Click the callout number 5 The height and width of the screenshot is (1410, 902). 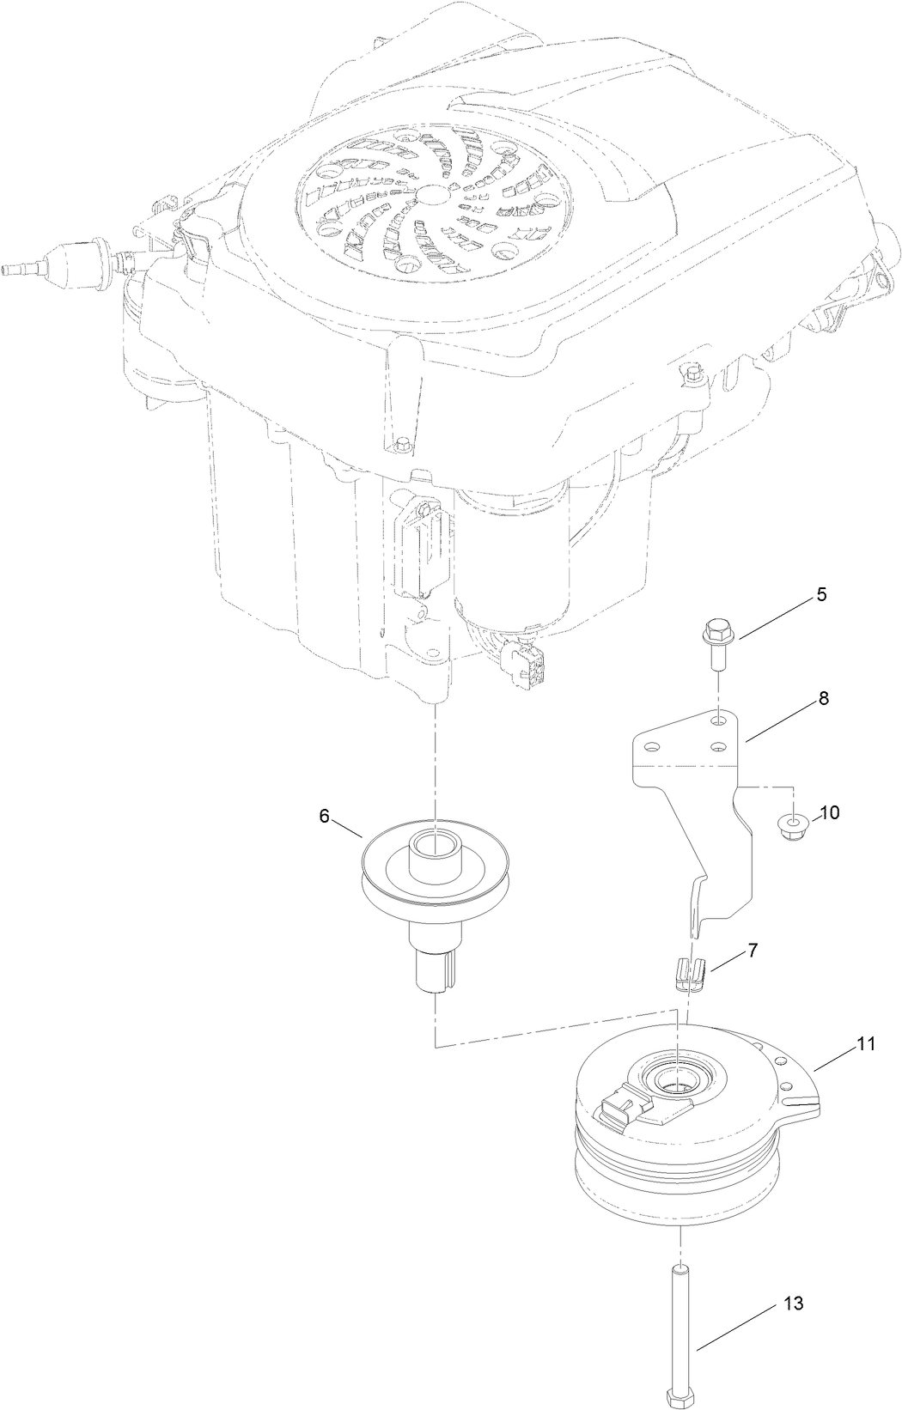point(821,595)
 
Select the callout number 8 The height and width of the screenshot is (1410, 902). point(823,698)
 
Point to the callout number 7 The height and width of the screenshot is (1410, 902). point(752,950)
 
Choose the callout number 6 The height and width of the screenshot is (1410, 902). point(324,816)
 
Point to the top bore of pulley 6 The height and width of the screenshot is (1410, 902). point(436,843)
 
